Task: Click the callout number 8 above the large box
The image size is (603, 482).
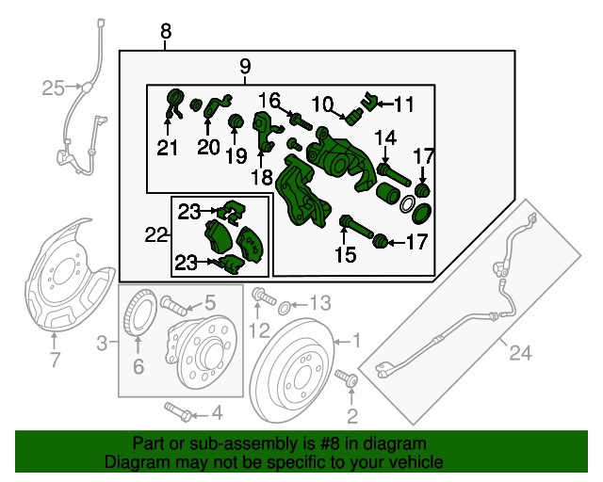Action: (x=166, y=31)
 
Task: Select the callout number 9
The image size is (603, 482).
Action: (x=245, y=66)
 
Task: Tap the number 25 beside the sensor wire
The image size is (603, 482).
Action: (x=53, y=88)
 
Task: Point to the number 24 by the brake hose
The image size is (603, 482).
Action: (x=521, y=352)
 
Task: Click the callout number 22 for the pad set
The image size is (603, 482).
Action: (x=155, y=234)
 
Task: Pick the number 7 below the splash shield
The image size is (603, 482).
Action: (x=56, y=360)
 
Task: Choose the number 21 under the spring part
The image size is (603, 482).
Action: (x=168, y=148)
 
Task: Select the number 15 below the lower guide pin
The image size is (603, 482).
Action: (x=346, y=254)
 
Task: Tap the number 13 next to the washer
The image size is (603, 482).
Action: (x=320, y=303)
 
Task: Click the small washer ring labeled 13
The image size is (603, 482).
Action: (x=285, y=308)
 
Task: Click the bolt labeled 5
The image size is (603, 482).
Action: (x=173, y=305)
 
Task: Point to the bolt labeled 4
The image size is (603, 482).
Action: (x=178, y=411)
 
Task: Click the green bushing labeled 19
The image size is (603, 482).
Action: (x=236, y=120)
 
